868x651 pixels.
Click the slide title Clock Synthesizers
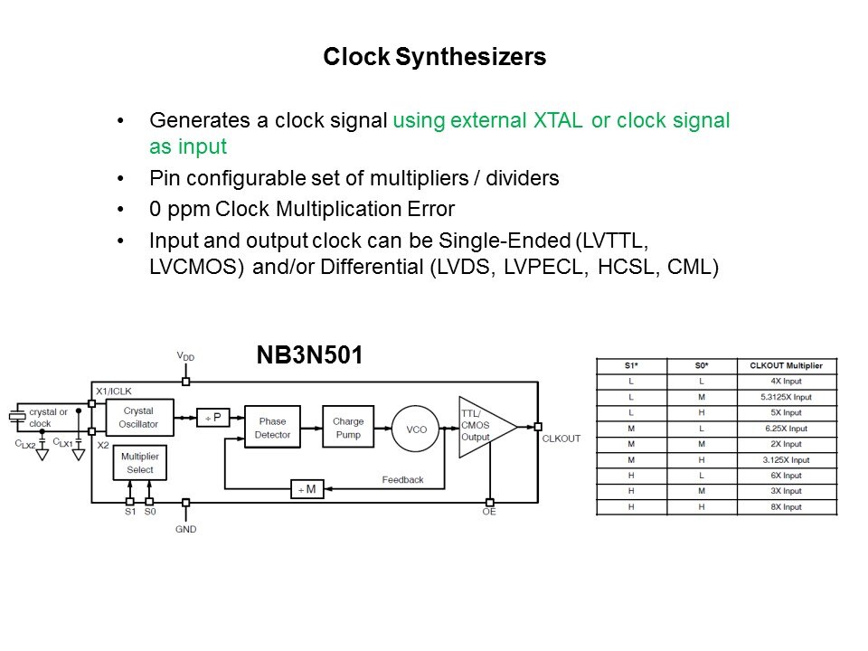tap(435, 57)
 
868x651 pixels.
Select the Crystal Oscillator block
tap(138, 418)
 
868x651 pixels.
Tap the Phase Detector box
tap(272, 427)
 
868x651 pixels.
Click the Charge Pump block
tap(348, 427)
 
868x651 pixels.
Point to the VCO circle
tap(416, 429)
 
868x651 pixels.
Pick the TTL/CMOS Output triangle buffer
tap(483, 427)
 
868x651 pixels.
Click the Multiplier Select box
tap(139, 463)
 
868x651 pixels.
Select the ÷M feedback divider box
tap(307, 489)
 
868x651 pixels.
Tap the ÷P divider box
tap(213, 418)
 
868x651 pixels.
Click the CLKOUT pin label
tap(561, 439)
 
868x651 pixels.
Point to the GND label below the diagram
tap(186, 529)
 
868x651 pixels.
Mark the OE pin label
tap(489, 512)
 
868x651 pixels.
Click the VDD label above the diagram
tap(185, 356)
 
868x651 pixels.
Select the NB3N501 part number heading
tap(309, 354)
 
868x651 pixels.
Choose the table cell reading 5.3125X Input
tap(786, 397)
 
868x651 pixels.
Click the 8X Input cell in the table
tap(786, 507)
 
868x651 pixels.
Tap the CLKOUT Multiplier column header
tap(786, 365)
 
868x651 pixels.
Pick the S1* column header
tap(631, 365)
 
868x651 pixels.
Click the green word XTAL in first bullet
tap(558, 120)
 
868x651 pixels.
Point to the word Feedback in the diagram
tap(402, 480)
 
